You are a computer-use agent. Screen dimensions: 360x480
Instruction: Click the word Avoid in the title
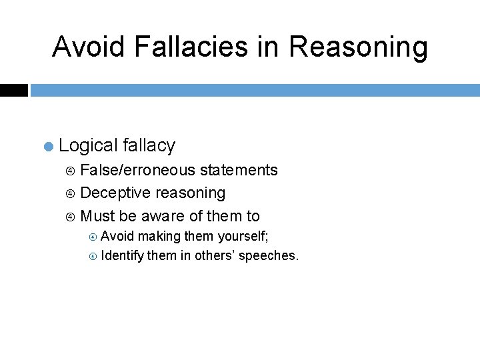(88, 47)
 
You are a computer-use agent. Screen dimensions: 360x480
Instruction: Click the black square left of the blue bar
(13, 90)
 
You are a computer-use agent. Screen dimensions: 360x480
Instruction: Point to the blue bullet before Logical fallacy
(48, 146)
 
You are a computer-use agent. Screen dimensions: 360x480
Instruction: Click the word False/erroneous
(137, 171)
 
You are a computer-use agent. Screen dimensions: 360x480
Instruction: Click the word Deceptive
(115, 193)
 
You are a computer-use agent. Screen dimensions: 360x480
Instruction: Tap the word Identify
(122, 255)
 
